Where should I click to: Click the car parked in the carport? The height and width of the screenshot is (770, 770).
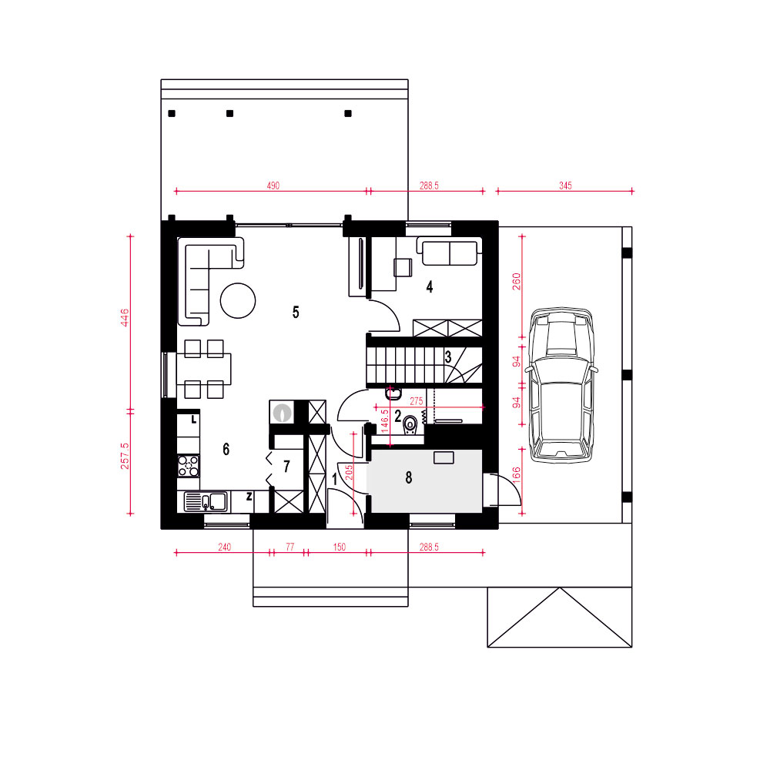coord(561,385)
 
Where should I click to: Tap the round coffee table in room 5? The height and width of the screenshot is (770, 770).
coord(238,300)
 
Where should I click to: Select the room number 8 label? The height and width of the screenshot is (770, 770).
coord(409,477)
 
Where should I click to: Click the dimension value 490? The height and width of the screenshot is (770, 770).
coord(273,186)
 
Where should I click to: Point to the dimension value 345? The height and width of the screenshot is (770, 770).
coord(565,186)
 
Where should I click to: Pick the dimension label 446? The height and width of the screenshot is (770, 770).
coord(125,317)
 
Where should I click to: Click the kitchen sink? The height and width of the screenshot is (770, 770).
coord(206,502)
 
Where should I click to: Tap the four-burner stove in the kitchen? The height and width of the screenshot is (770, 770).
coord(189,466)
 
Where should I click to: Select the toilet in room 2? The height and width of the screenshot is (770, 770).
coord(410,425)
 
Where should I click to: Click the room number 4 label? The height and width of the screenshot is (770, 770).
coord(430,286)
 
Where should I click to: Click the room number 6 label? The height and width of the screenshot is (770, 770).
coord(226,449)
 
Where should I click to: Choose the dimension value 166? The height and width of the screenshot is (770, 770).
coord(516,475)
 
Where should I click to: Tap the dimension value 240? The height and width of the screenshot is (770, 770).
coord(224,547)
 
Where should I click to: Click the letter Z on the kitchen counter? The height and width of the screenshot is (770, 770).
coord(249,497)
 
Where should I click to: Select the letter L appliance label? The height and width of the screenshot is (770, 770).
coord(194,420)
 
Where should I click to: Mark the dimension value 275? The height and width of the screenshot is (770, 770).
coord(417,401)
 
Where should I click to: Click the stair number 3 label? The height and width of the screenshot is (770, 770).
coord(448,357)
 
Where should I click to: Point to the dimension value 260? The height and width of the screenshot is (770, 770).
coord(517,281)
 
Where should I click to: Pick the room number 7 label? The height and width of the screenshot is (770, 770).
coord(286,466)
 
